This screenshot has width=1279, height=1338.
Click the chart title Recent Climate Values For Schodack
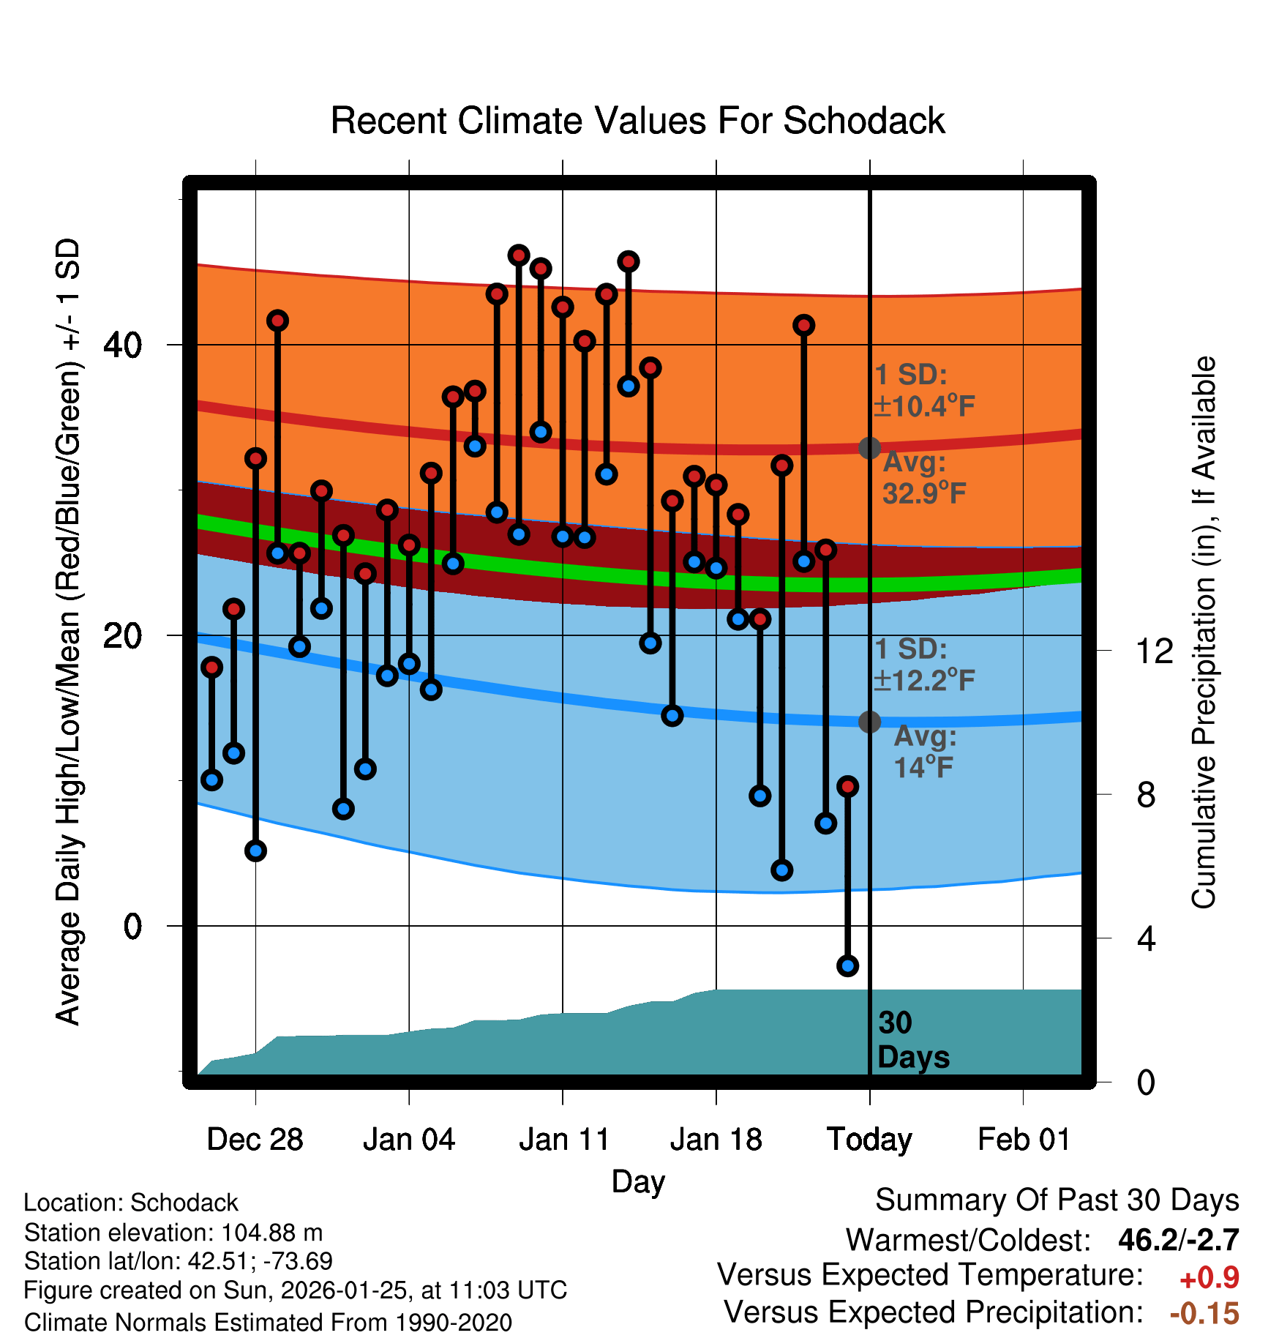(637, 121)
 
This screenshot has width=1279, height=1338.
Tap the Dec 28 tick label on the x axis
(255, 1140)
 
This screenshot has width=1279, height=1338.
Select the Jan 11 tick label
(563, 1140)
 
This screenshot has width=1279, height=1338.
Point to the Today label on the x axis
(869, 1140)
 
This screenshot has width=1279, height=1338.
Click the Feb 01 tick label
(1024, 1140)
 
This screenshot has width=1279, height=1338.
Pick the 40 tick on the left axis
(122, 345)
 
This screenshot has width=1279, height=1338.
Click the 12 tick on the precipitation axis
(1155, 651)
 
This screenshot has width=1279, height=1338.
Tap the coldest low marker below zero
(847, 965)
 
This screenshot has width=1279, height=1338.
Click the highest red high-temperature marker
(519, 255)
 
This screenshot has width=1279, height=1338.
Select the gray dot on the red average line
(869, 448)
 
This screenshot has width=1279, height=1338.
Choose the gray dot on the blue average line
(869, 722)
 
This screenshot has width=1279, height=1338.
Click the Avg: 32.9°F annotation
(923, 478)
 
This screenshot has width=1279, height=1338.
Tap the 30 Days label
(912, 1040)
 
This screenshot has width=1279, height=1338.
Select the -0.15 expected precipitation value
(1204, 1313)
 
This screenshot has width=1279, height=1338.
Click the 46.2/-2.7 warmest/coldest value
(1178, 1240)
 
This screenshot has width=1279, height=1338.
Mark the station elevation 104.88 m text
(173, 1233)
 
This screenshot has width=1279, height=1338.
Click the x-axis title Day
(638, 1181)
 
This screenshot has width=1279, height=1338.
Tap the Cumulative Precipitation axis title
(1204, 632)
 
